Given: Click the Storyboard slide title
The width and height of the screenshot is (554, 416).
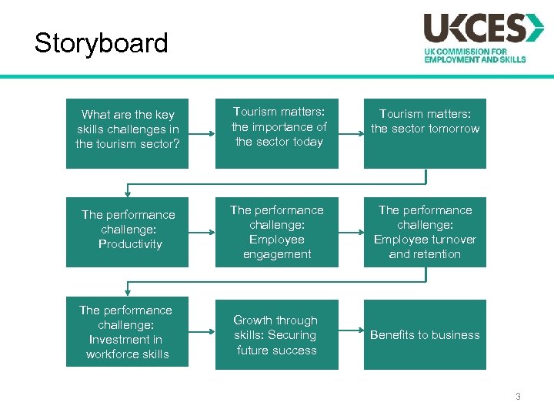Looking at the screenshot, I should click(x=101, y=42).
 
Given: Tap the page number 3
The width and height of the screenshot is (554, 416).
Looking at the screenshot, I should click(x=518, y=397).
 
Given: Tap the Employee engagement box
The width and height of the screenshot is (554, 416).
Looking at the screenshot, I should click(x=276, y=231).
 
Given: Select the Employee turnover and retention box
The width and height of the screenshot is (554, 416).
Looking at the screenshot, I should click(x=425, y=231).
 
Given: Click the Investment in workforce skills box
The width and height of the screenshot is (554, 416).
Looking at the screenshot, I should click(x=127, y=332).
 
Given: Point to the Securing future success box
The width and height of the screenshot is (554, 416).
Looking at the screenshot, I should click(x=276, y=334).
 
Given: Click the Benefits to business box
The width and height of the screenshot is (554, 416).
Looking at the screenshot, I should click(x=425, y=334).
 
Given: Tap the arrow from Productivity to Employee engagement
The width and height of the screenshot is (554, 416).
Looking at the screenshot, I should click(x=202, y=231).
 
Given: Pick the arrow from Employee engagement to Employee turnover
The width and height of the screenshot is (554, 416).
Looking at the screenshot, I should click(x=351, y=231).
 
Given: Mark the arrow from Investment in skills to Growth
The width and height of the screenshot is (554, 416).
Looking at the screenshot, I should click(x=202, y=332).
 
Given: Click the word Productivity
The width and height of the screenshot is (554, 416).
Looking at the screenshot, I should click(x=130, y=244).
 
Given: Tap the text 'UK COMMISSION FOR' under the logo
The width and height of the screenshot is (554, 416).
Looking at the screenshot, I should click(x=464, y=51).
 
